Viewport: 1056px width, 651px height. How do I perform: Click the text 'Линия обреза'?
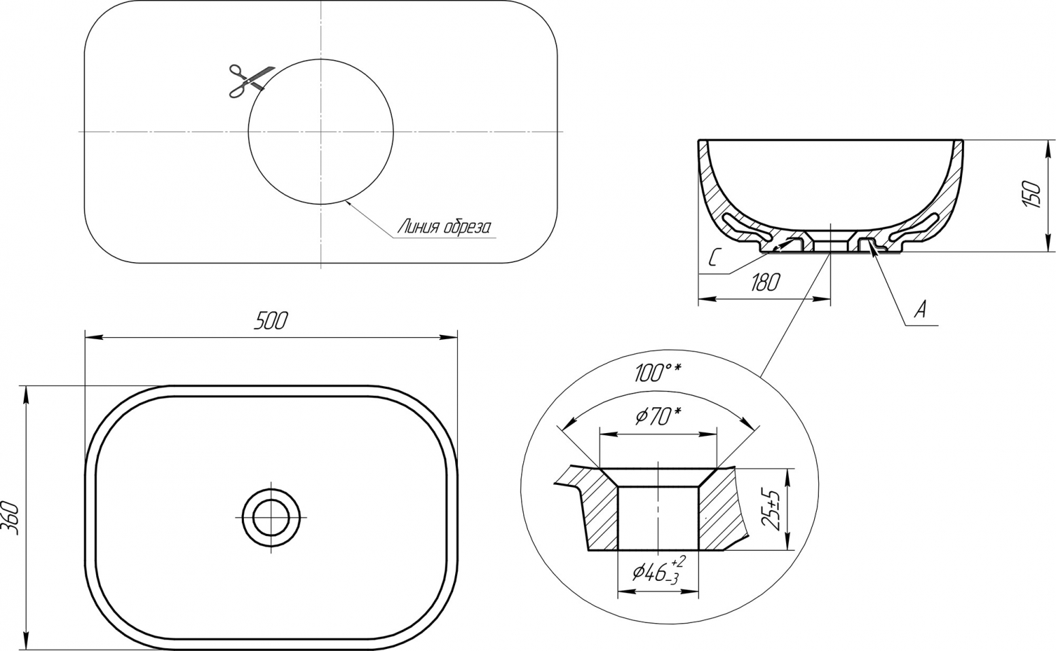[444, 228]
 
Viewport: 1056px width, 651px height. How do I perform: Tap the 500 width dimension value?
[270, 321]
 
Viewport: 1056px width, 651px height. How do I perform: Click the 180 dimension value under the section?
[764, 282]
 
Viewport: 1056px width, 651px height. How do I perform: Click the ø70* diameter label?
[657, 415]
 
